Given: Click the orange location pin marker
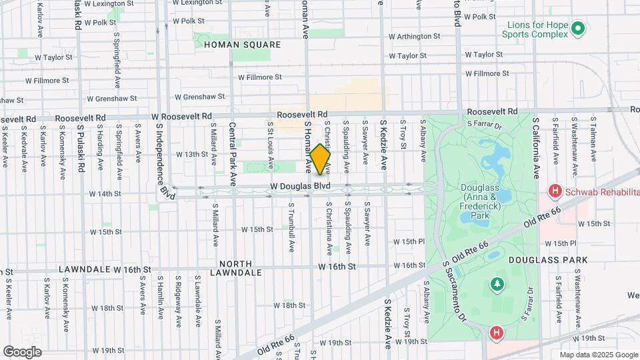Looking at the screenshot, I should (x=320, y=159).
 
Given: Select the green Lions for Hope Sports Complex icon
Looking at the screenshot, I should (x=578, y=29).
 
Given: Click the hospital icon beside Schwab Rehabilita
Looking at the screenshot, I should (x=554, y=192).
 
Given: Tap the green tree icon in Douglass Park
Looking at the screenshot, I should (x=497, y=285).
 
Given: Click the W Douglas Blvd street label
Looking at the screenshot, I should (x=300, y=186).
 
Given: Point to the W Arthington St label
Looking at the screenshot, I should (x=414, y=36).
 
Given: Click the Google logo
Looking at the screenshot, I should (x=22, y=351).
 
